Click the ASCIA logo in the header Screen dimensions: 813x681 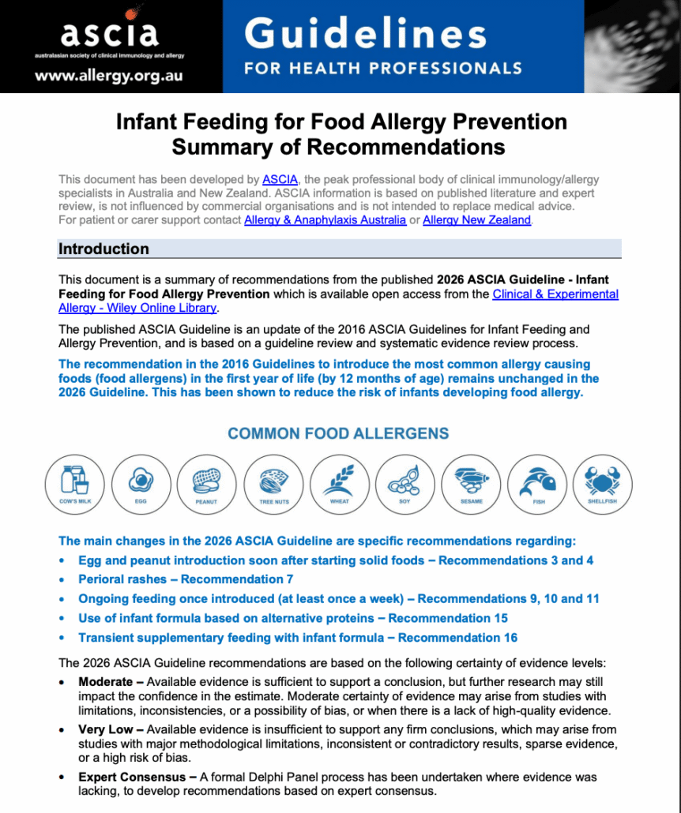[x=110, y=33]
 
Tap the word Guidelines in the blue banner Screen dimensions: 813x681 [x=365, y=34]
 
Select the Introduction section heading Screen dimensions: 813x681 [x=103, y=249]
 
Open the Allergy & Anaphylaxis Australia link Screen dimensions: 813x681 [x=325, y=220]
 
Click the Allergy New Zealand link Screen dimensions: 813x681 [x=476, y=220]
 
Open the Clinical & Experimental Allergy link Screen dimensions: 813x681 [x=555, y=294]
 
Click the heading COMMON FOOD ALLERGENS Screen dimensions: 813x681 [x=338, y=433]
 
